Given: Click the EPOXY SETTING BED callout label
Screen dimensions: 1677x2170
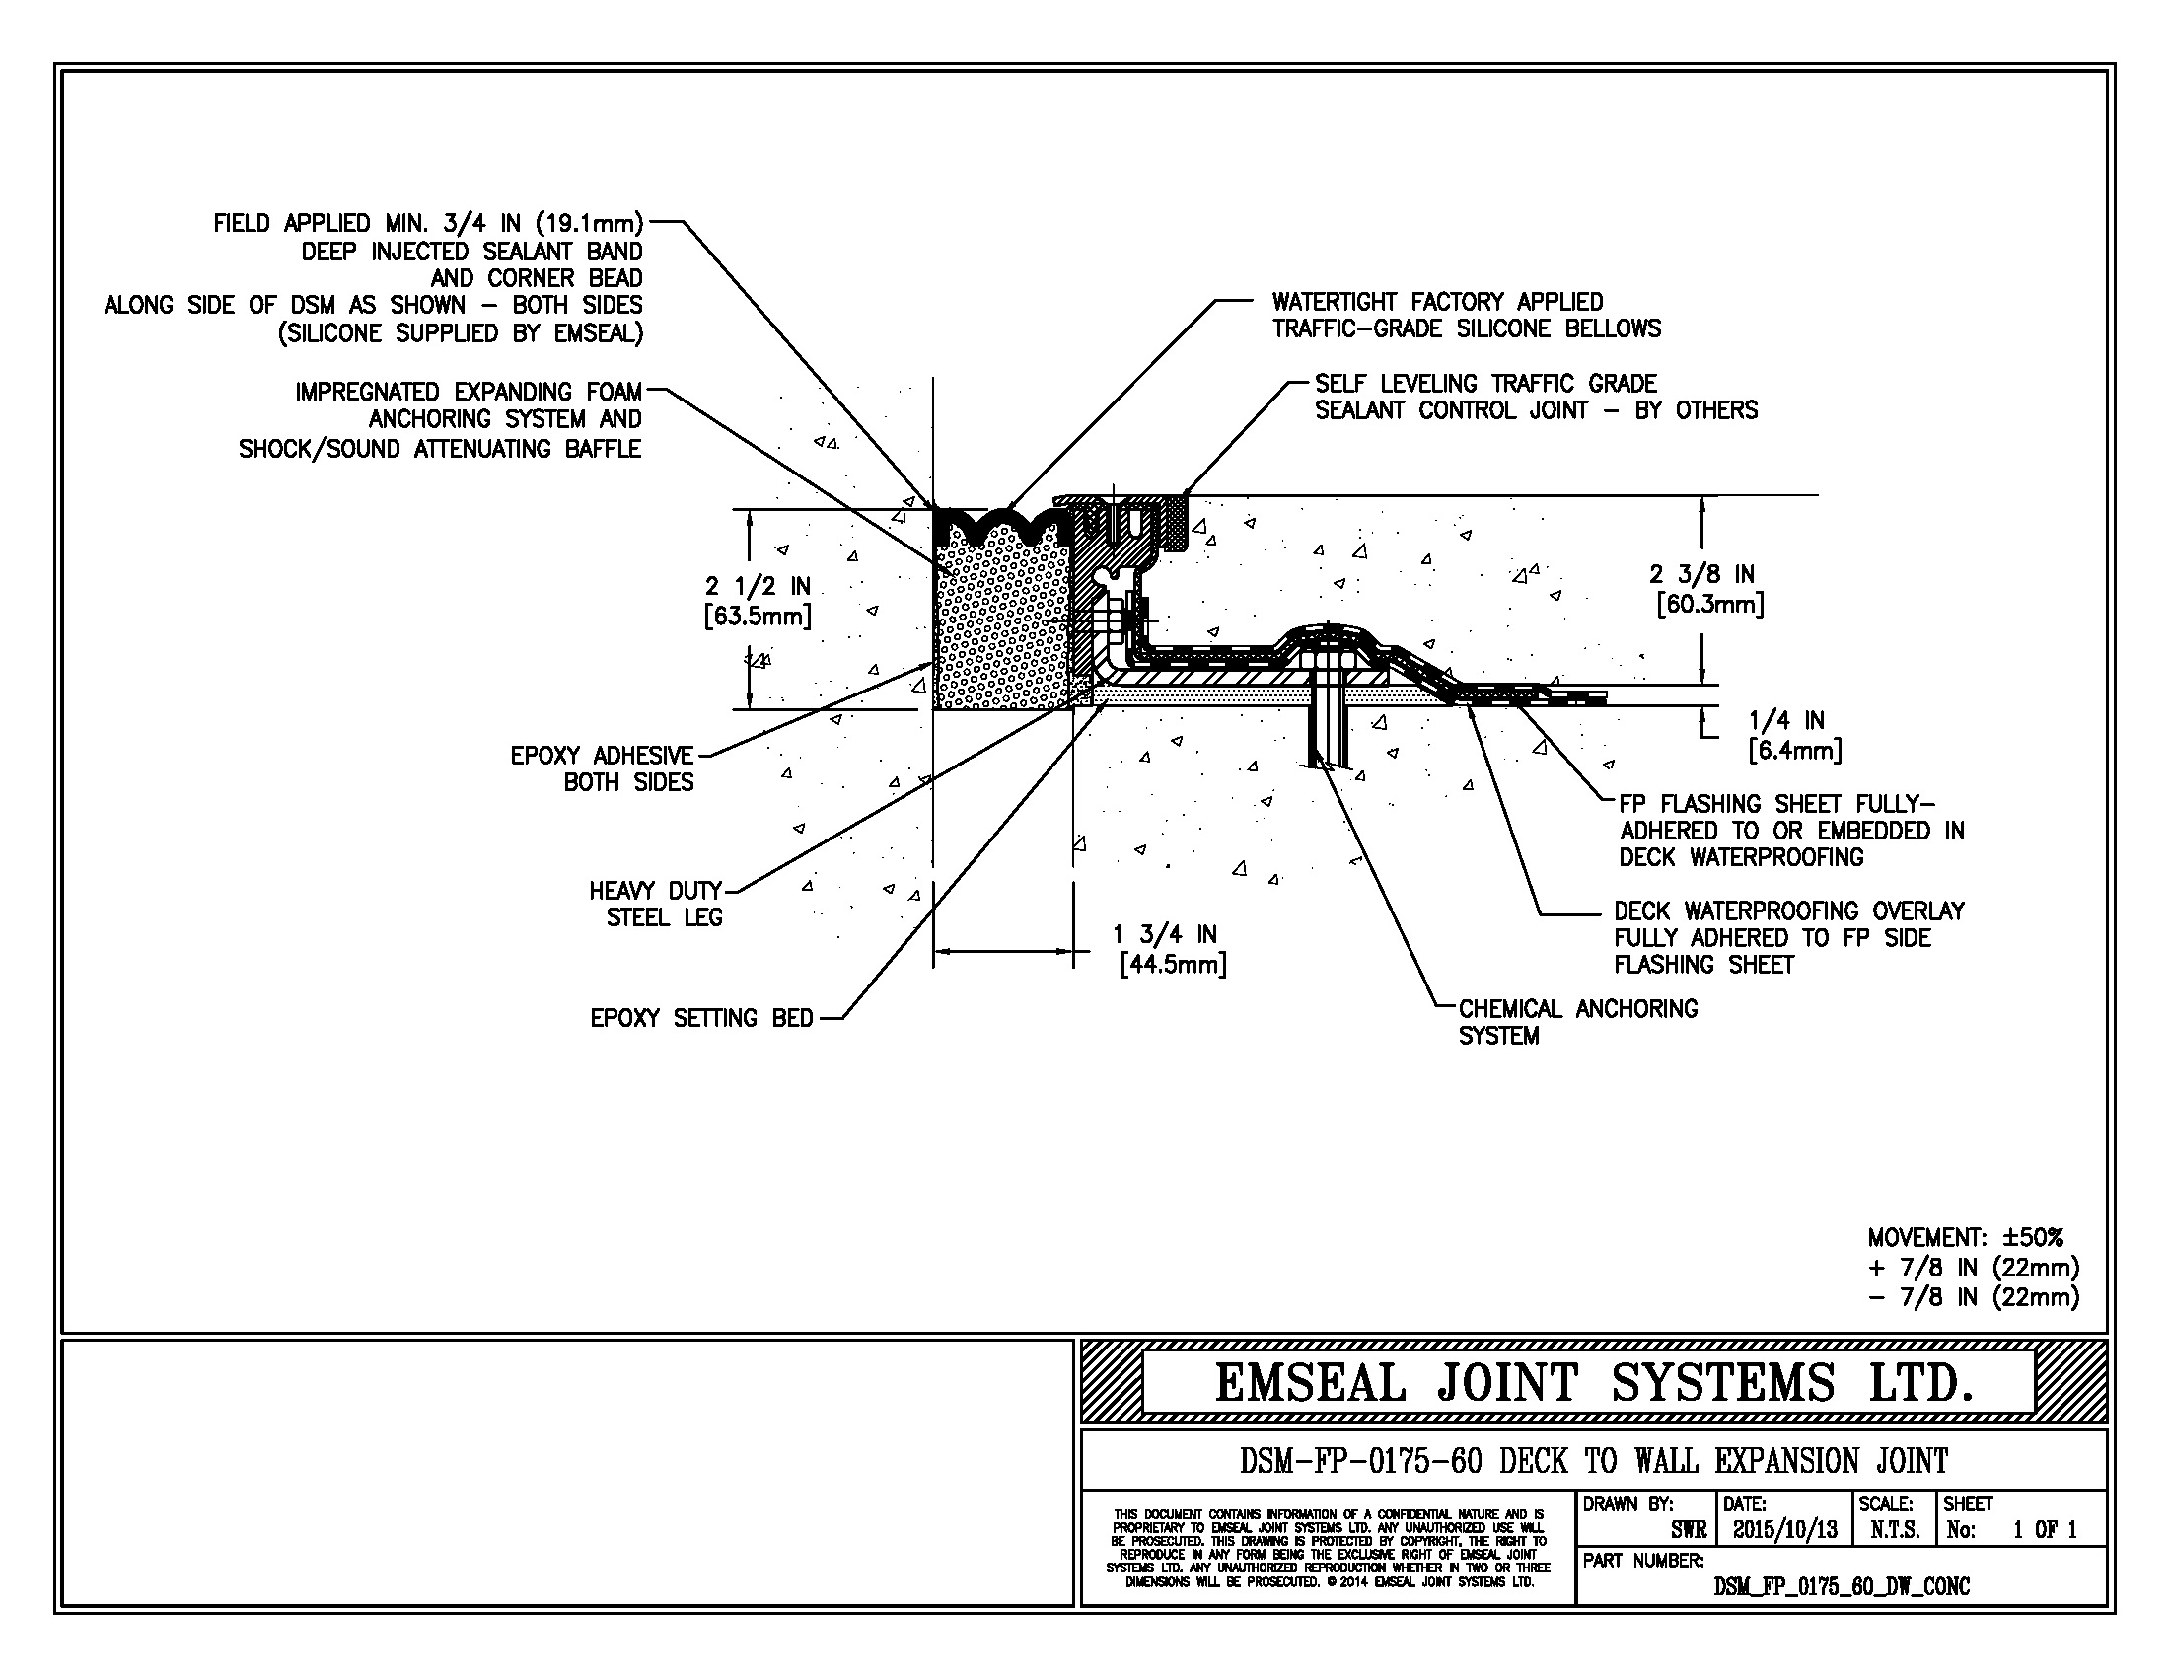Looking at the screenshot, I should [701, 1018].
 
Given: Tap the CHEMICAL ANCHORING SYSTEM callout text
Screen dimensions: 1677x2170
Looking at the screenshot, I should [1577, 1022].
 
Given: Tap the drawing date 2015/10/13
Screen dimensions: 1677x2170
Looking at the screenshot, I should [1784, 1530].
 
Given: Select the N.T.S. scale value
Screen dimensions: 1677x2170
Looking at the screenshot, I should [1894, 1530].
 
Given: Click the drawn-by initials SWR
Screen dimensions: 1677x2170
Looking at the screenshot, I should [1689, 1530].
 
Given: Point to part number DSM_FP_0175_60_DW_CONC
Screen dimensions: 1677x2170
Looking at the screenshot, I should [1842, 1586].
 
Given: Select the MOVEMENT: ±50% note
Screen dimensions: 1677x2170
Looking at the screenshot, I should [1964, 1238].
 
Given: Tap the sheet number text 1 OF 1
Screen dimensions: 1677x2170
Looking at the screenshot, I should [2045, 1530].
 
